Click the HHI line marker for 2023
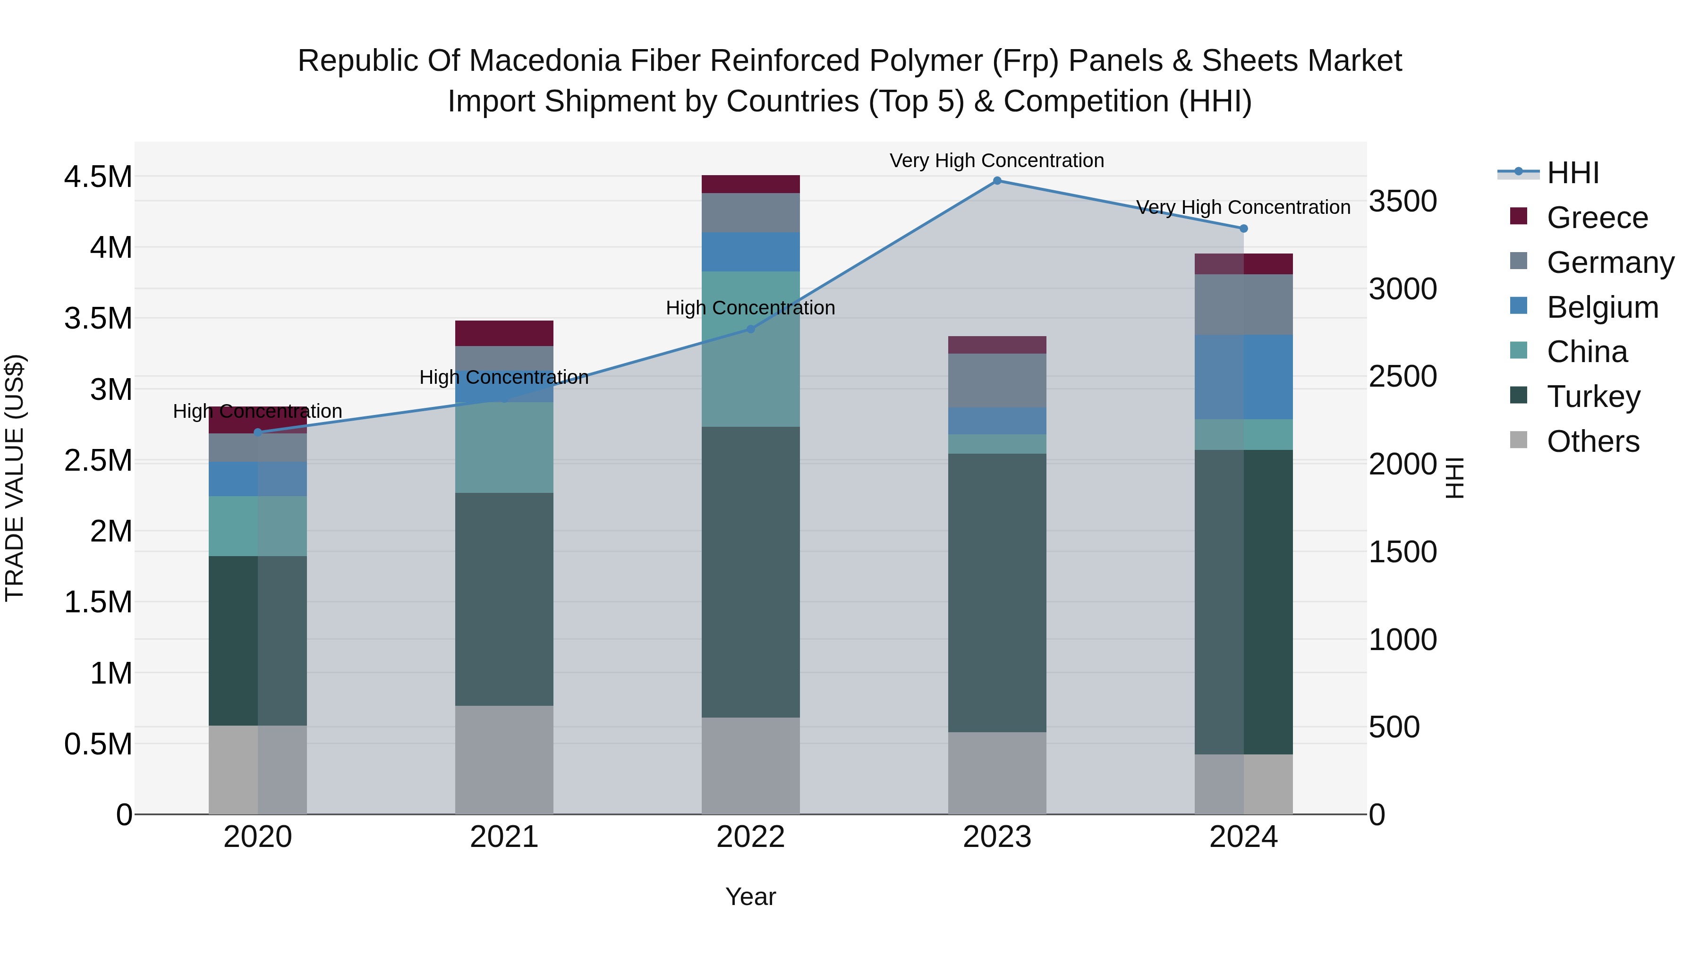coord(997,180)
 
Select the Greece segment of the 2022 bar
coord(750,184)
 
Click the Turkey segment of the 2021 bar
coord(504,599)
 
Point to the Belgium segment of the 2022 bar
coord(750,251)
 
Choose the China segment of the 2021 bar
coord(504,448)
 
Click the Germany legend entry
coord(1610,262)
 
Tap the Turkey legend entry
coord(1593,397)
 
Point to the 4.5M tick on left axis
coord(98,177)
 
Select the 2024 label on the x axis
coord(1243,837)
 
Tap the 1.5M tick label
coord(98,602)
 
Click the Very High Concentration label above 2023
coord(996,161)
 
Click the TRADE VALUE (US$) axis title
coord(15,478)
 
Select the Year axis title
coord(750,897)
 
